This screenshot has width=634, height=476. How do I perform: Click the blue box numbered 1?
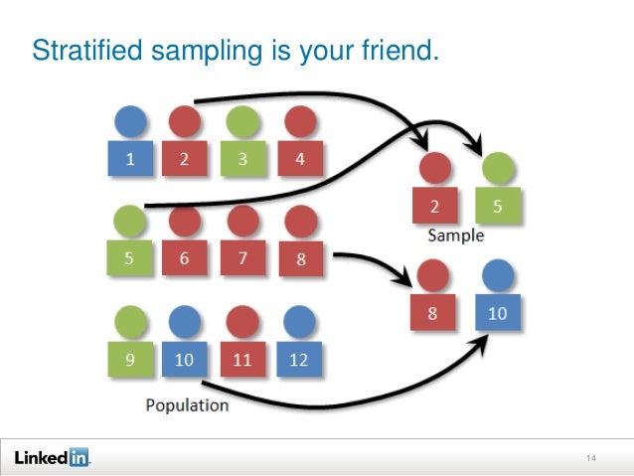(x=129, y=160)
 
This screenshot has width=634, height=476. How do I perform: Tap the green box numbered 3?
(x=241, y=160)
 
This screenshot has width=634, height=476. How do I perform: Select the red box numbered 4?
(x=299, y=160)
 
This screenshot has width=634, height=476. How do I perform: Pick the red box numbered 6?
(x=185, y=258)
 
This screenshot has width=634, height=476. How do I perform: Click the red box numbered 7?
(x=241, y=258)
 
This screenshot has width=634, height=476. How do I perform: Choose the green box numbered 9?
(x=129, y=359)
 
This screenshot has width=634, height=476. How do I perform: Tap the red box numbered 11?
(x=241, y=359)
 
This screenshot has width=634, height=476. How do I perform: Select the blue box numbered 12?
(x=299, y=359)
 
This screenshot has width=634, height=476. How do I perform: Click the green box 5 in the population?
(x=129, y=258)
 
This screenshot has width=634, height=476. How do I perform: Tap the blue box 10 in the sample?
(x=497, y=313)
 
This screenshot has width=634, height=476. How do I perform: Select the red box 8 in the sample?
(x=434, y=313)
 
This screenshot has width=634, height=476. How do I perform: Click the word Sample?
(x=456, y=237)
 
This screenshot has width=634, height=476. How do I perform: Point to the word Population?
(x=187, y=405)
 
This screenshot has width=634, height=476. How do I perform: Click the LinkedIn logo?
(x=52, y=457)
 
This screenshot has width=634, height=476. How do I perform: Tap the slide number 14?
(x=591, y=458)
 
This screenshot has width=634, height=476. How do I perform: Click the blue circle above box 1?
(x=129, y=121)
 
